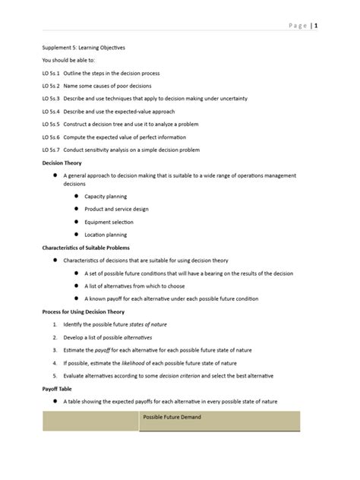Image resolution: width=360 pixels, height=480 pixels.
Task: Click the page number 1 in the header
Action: click(x=316, y=26)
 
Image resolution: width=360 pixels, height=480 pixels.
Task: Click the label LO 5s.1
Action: click(x=52, y=73)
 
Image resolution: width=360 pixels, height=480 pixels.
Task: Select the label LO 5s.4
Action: click(x=52, y=111)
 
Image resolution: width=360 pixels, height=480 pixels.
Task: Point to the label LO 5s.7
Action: click(x=52, y=150)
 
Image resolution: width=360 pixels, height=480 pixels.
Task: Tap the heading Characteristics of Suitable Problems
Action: click(x=85, y=248)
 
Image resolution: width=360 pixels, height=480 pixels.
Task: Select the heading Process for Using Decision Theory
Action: click(x=83, y=311)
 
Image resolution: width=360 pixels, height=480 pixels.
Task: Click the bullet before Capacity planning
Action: click(x=76, y=196)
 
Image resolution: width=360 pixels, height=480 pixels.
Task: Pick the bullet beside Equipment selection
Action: click(x=76, y=222)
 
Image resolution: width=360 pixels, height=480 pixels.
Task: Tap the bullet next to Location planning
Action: click(x=76, y=235)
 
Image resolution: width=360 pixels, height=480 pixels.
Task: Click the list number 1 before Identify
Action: click(x=55, y=324)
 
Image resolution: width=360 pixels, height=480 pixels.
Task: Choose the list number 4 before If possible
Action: click(x=55, y=362)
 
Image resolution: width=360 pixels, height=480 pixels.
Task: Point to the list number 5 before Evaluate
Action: click(x=55, y=375)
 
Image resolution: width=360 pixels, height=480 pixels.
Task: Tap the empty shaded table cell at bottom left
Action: click(x=90, y=421)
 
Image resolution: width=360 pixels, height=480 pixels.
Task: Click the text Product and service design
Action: click(x=116, y=209)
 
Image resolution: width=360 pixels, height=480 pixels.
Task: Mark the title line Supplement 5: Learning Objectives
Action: click(x=84, y=47)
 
